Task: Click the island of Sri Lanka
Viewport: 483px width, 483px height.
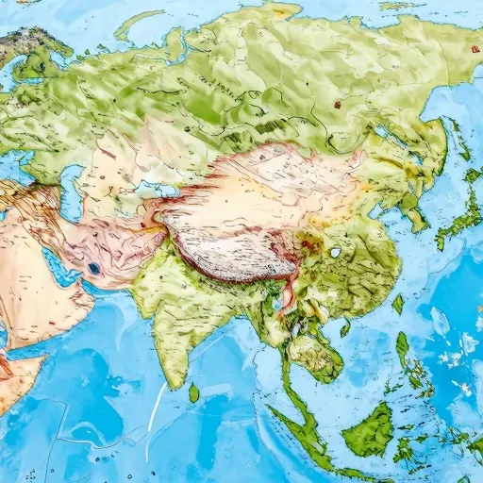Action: pos(193,391)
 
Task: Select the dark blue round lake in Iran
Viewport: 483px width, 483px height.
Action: pos(93,269)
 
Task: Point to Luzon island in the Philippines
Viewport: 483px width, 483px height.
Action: pos(403,349)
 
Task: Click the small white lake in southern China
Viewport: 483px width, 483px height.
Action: pos(334,253)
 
